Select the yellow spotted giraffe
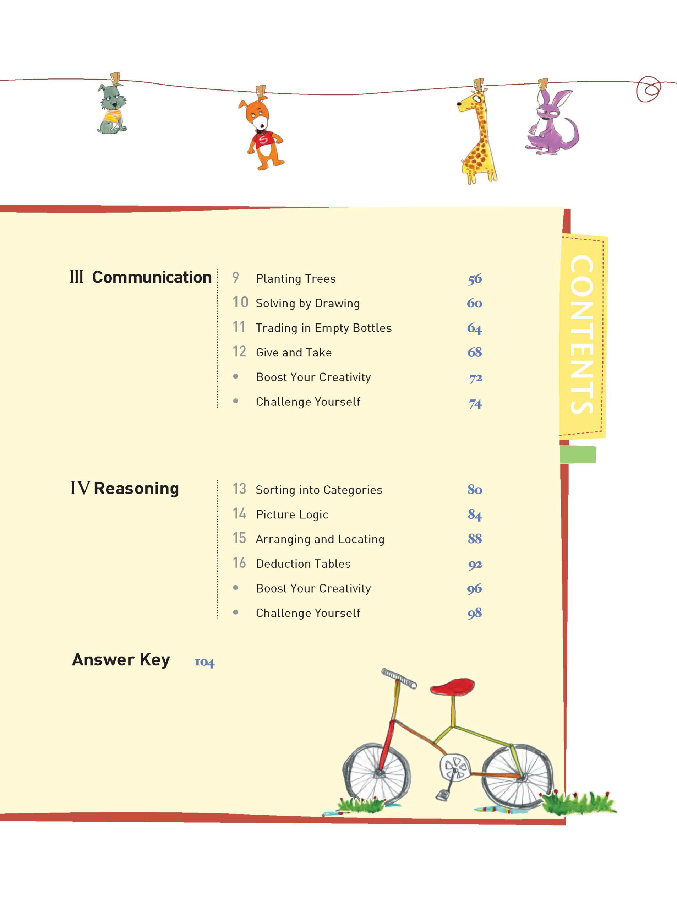click(x=478, y=135)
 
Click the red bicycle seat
click(x=452, y=686)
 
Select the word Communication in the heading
click(x=152, y=277)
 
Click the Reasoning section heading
click(x=125, y=488)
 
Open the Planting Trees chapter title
click(x=296, y=279)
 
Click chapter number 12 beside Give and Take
click(x=239, y=352)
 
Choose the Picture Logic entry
click(x=292, y=515)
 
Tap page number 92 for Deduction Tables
click(x=475, y=565)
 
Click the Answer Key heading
click(x=121, y=660)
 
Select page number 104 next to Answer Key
click(x=204, y=662)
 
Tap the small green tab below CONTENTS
click(x=578, y=454)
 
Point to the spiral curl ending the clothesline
click(x=649, y=89)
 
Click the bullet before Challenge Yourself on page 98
click(x=236, y=612)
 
